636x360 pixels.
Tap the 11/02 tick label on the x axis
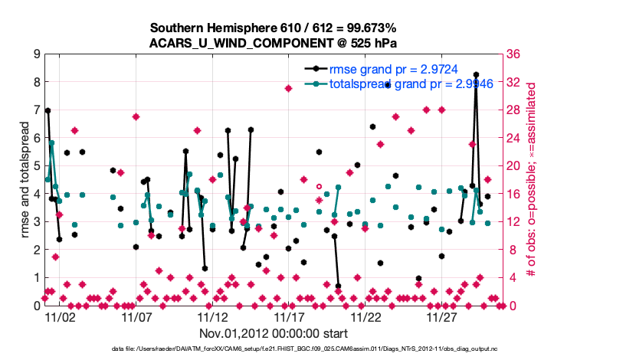(59, 316)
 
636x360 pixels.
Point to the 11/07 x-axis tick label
(136, 316)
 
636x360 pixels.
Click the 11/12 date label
(212, 316)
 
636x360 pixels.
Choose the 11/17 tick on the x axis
(289, 316)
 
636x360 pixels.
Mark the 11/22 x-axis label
(366, 316)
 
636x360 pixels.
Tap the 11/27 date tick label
(442, 316)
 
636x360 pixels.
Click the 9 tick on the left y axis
(36, 54)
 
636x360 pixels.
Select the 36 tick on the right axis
(513, 54)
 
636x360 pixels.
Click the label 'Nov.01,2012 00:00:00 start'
(274, 333)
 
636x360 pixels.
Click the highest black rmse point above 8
(476, 75)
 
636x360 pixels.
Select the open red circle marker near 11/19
(319, 186)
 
